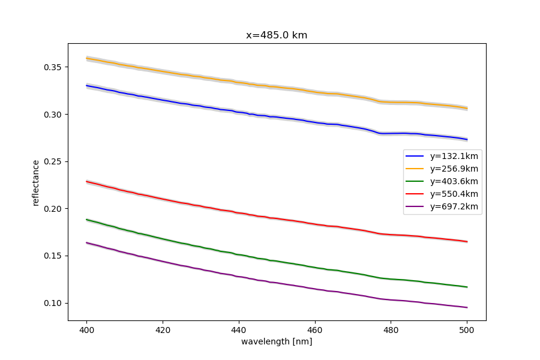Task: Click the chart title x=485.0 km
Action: (x=277, y=35)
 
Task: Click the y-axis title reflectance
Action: (x=36, y=182)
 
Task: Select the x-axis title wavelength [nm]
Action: (x=277, y=341)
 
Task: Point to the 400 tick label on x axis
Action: (x=86, y=329)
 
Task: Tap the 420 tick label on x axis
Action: (x=163, y=329)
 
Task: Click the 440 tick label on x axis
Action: (x=239, y=329)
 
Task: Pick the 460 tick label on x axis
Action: (x=315, y=329)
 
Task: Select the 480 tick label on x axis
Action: (x=391, y=329)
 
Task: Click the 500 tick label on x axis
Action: (x=467, y=329)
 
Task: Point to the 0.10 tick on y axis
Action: (x=53, y=303)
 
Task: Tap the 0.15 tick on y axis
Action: (x=53, y=256)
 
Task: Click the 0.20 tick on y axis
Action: (x=53, y=209)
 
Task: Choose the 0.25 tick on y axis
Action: (x=53, y=161)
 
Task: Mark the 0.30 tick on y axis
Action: (x=53, y=115)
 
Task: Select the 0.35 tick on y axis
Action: (x=53, y=67)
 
